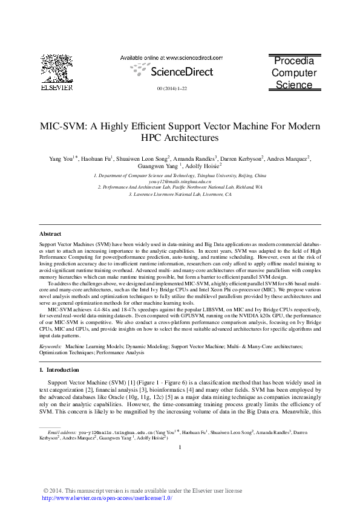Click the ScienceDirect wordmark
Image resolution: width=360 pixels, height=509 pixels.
point(182,72)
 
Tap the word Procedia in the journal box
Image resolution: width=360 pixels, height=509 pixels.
point(293,61)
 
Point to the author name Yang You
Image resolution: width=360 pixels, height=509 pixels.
point(61,159)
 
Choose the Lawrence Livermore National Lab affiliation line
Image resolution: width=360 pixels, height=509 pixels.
point(180,195)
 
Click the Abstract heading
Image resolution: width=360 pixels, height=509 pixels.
point(50,233)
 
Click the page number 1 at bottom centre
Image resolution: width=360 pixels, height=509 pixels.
point(180,447)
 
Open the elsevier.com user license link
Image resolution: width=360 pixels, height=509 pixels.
point(106,498)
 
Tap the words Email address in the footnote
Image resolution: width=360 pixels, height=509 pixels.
point(61,433)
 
